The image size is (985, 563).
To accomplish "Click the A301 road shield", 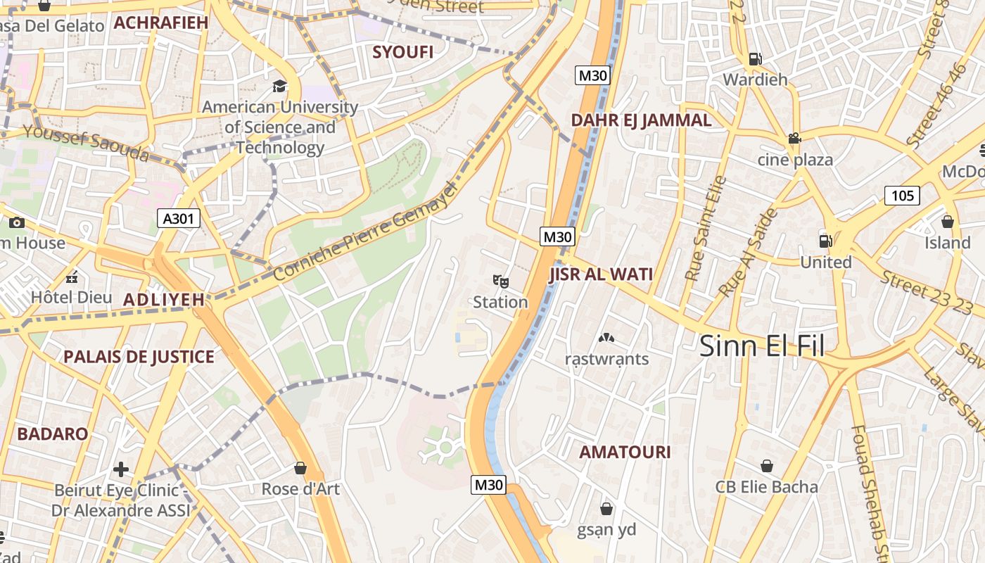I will click(178, 219).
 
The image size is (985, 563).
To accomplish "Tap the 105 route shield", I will click(902, 195).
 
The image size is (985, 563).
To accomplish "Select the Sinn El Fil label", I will click(762, 346).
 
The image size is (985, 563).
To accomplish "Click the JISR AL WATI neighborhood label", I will click(601, 274).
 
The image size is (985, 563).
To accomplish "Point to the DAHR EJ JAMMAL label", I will click(641, 120).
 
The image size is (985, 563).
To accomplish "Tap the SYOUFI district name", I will click(402, 52).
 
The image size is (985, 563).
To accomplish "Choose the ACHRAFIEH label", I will click(161, 23).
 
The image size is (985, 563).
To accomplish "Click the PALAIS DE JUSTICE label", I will click(139, 357).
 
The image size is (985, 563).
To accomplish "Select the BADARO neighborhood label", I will click(53, 434).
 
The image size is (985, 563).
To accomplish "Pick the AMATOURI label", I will click(625, 452).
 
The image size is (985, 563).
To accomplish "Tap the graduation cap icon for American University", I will click(280, 87).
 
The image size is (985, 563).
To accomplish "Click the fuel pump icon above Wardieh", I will click(755, 59).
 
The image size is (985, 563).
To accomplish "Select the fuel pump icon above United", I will click(825, 241).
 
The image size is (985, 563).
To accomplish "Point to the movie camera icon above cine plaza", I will click(794, 139).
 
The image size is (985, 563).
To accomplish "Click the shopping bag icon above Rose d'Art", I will click(300, 468).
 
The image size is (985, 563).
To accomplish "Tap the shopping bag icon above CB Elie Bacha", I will click(767, 466).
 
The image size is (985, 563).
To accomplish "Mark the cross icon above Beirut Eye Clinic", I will click(121, 469).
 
